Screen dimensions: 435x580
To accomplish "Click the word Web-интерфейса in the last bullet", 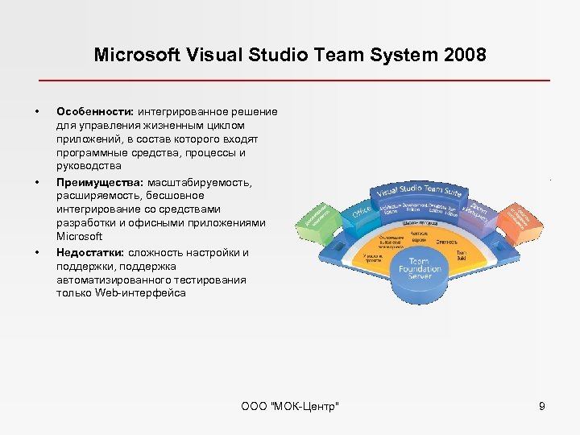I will pos(140,293).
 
